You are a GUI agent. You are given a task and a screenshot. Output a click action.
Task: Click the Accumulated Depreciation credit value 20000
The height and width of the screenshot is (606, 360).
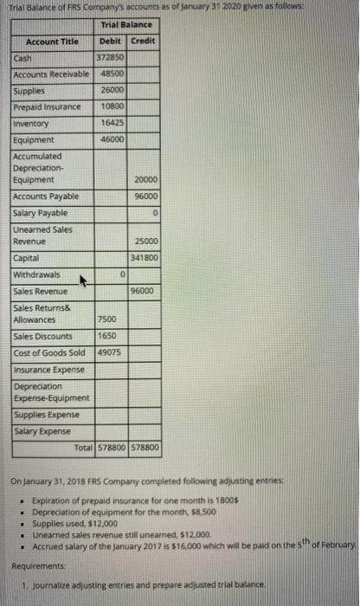pyautogui.click(x=144, y=180)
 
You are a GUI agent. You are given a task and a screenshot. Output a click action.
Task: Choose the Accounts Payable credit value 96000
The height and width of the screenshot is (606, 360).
pyautogui.click(x=144, y=197)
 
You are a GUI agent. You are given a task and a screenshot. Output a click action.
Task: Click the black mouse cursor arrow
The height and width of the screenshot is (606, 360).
pyautogui.click(x=85, y=280)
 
